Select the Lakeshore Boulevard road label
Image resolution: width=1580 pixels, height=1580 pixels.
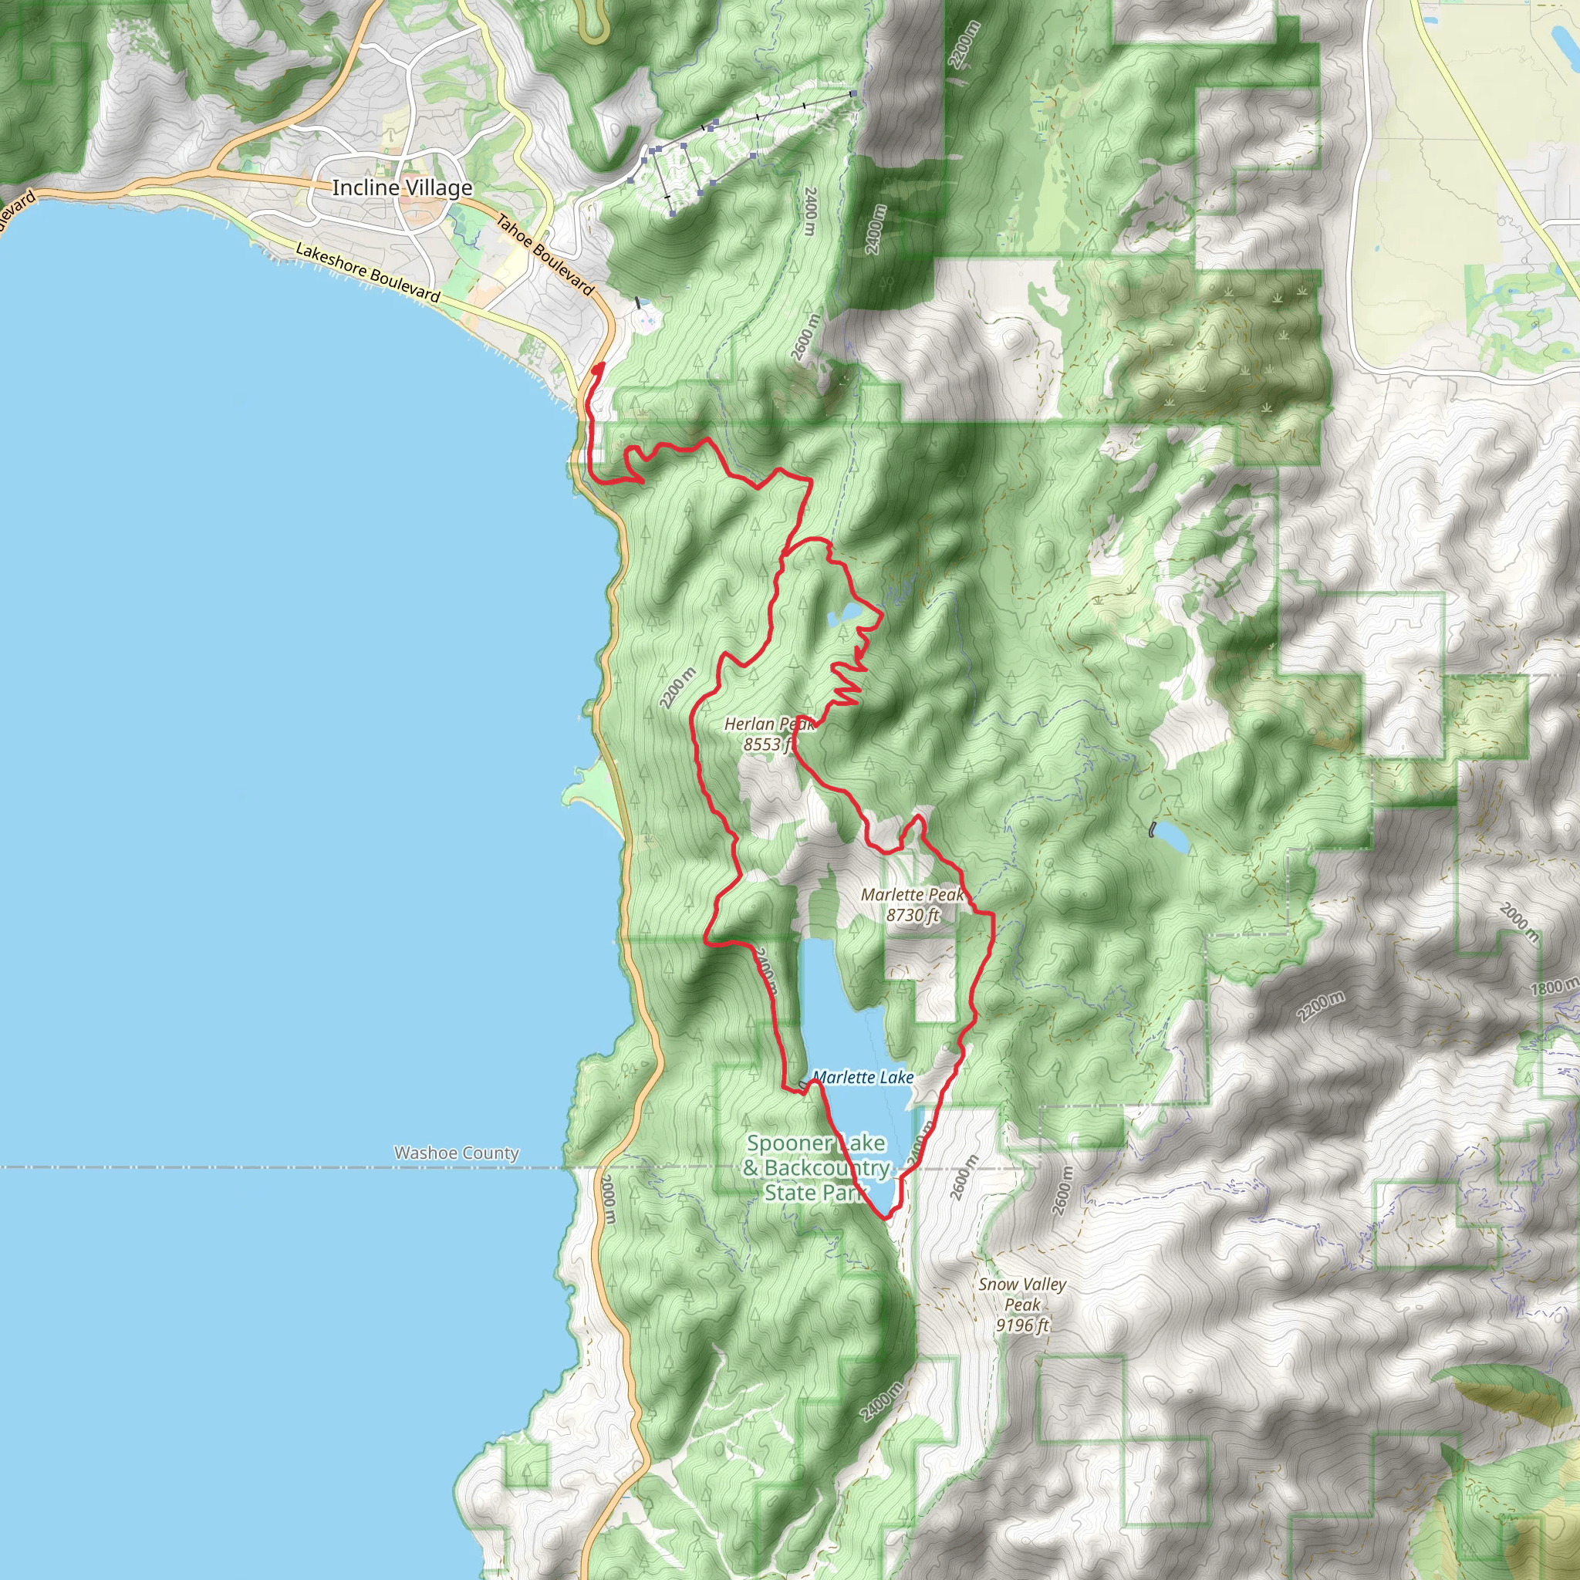368,272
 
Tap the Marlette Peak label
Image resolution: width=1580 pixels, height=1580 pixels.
912,895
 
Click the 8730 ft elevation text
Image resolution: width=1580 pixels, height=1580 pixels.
913,915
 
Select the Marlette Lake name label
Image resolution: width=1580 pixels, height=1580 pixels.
863,1078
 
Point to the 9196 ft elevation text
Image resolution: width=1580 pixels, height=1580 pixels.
1022,1325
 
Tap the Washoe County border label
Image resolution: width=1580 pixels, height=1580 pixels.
457,1153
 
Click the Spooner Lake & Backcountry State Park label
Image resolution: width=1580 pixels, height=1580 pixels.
815,1168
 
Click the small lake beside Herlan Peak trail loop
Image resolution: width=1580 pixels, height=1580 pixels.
843,615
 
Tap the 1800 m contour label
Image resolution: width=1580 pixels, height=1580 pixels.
1555,987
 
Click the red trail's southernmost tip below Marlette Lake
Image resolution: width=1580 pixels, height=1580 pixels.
886,1217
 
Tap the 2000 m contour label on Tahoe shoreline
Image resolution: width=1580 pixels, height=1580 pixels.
609,1199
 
